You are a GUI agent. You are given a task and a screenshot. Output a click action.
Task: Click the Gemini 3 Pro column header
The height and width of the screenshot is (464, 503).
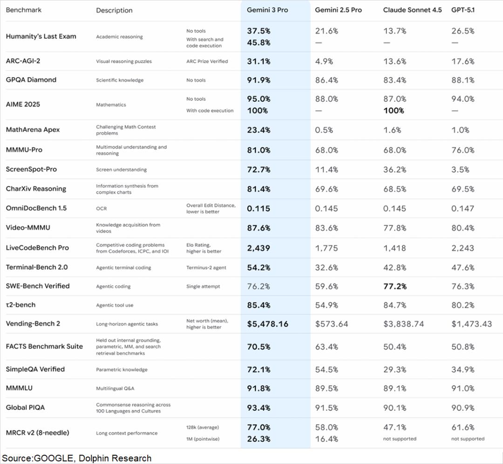coord(267,10)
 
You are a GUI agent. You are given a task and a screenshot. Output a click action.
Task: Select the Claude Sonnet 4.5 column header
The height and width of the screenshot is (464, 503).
coord(412,10)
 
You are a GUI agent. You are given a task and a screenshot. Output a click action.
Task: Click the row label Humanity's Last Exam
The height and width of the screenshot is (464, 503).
coord(41,36)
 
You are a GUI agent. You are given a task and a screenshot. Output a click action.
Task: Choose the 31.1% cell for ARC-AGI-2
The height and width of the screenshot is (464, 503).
coord(258,61)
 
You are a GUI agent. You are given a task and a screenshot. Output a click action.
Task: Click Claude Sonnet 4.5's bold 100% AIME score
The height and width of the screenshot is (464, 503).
coord(394,111)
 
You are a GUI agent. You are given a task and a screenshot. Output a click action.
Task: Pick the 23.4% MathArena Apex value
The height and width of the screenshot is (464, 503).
coord(258,130)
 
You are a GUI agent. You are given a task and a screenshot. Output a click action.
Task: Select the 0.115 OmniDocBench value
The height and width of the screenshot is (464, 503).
coord(258,208)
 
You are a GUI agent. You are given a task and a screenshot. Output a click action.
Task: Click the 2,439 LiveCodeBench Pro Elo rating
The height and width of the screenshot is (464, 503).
coord(258,248)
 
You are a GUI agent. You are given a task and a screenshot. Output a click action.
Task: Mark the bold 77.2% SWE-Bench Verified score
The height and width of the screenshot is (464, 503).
coord(395,286)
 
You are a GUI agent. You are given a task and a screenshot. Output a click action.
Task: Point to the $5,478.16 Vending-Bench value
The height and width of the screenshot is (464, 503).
coord(267,324)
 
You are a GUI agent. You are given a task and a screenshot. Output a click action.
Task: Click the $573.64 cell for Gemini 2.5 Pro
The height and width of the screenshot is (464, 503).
coord(331,324)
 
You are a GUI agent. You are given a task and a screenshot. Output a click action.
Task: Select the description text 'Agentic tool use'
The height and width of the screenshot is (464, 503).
coord(115,305)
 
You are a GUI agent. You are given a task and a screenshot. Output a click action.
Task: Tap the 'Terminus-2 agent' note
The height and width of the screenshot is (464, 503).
coord(207,268)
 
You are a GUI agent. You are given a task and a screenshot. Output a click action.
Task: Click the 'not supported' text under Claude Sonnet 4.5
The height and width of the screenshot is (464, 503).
coord(400,439)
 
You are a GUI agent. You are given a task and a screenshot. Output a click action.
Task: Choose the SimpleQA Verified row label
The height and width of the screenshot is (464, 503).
coord(35,369)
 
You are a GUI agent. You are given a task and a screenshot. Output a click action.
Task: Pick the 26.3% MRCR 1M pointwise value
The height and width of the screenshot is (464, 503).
coord(258,439)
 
